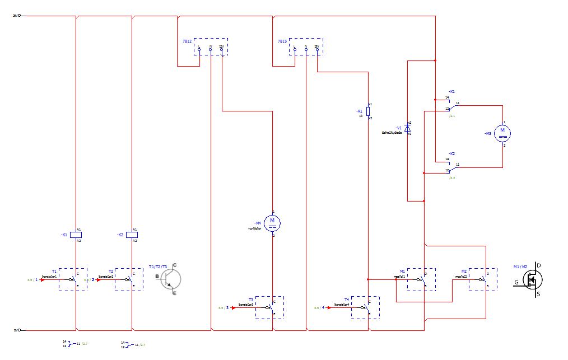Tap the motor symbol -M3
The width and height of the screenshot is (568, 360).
pyautogui.click(x=502, y=133)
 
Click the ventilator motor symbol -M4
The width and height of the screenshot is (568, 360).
pyautogui.click(x=272, y=223)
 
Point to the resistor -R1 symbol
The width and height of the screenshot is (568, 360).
pyautogui.click(x=367, y=111)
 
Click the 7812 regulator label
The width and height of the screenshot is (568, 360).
pyautogui.click(x=187, y=41)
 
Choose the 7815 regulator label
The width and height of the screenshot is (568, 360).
pyautogui.click(x=282, y=41)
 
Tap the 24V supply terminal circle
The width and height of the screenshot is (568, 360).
pyautogui.click(x=20, y=16)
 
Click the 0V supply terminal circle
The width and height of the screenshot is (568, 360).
pyautogui.click(x=20, y=330)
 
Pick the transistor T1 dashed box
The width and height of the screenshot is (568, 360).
pyautogui.click(x=73, y=279)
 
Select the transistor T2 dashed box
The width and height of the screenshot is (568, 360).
pyautogui.click(x=129, y=279)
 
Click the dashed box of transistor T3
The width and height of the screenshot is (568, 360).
pyautogui.click(x=269, y=307)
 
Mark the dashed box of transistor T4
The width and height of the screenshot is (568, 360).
pyautogui.click(x=365, y=307)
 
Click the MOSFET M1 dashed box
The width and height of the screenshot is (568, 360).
pyautogui.click(x=421, y=279)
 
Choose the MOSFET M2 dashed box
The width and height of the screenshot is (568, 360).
pyautogui.click(x=483, y=279)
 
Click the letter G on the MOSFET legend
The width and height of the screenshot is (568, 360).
pyautogui.click(x=517, y=282)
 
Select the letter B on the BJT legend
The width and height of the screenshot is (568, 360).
pyautogui.click(x=157, y=276)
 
